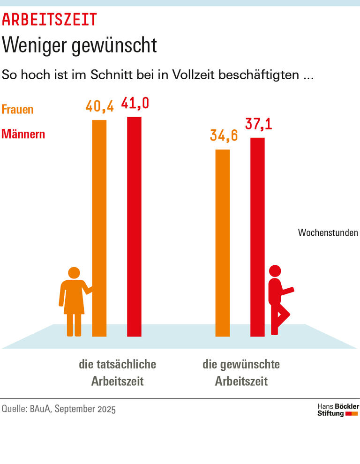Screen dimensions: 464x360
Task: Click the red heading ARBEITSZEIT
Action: pyautogui.click(x=49, y=20)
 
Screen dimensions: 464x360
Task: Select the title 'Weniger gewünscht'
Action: pyautogui.click(x=79, y=45)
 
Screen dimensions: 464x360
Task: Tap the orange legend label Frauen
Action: pyautogui.click(x=18, y=110)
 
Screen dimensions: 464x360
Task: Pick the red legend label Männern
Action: pyautogui.click(x=23, y=134)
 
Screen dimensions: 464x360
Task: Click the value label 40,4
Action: pyautogui.click(x=99, y=106)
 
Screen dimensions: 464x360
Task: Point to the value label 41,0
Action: pyautogui.click(x=135, y=103)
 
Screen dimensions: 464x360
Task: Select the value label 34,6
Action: pyautogui.click(x=224, y=136)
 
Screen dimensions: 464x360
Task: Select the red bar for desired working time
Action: pyautogui.click(x=257, y=237)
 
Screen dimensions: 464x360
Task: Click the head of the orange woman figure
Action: pyautogui.click(x=74, y=273)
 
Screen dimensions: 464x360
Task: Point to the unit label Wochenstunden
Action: pyautogui.click(x=328, y=232)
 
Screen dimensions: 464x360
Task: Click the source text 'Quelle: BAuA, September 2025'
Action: pyautogui.click(x=59, y=409)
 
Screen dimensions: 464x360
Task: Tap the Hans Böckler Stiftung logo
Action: pyautogui.click(x=338, y=410)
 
